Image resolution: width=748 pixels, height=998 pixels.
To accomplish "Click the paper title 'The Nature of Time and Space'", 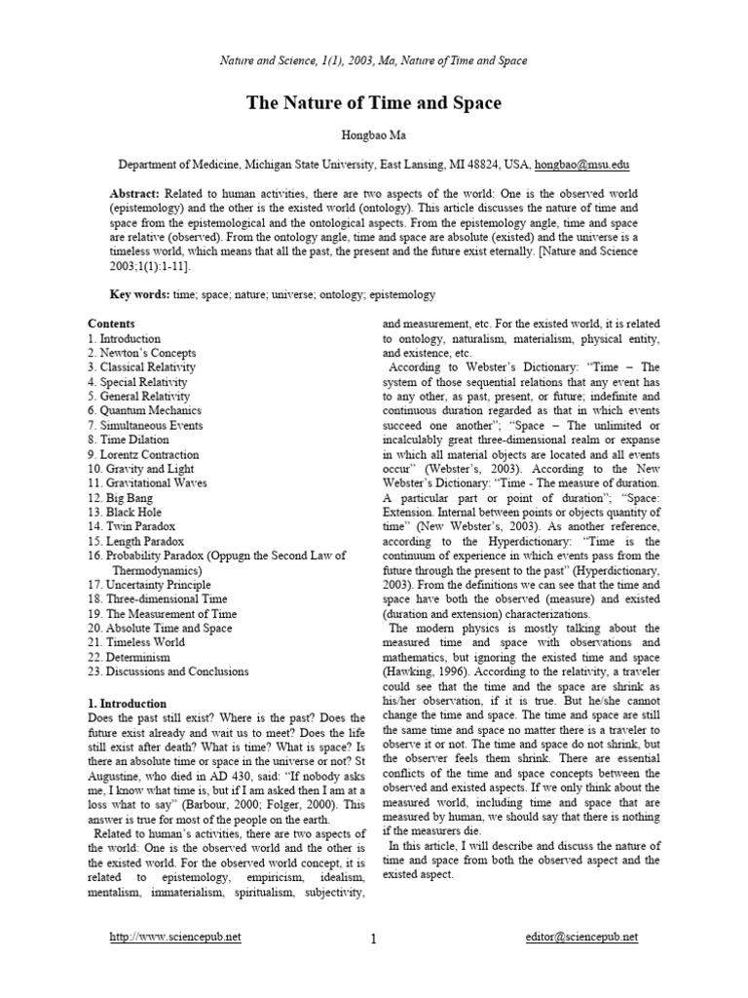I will [x=374, y=102].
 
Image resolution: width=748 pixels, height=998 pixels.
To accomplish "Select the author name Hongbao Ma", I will [x=374, y=136].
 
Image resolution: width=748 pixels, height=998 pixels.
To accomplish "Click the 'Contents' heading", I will [x=111, y=324].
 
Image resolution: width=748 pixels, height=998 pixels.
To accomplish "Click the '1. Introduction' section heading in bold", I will [x=127, y=704].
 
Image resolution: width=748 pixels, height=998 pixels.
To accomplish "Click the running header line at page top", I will [x=374, y=60].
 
